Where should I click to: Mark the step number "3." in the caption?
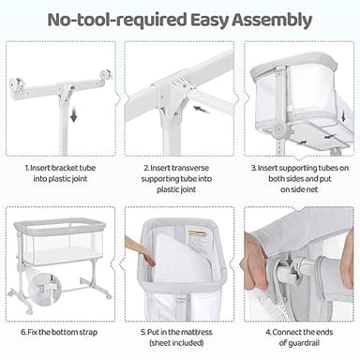pyautogui.click(x=253, y=169)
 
